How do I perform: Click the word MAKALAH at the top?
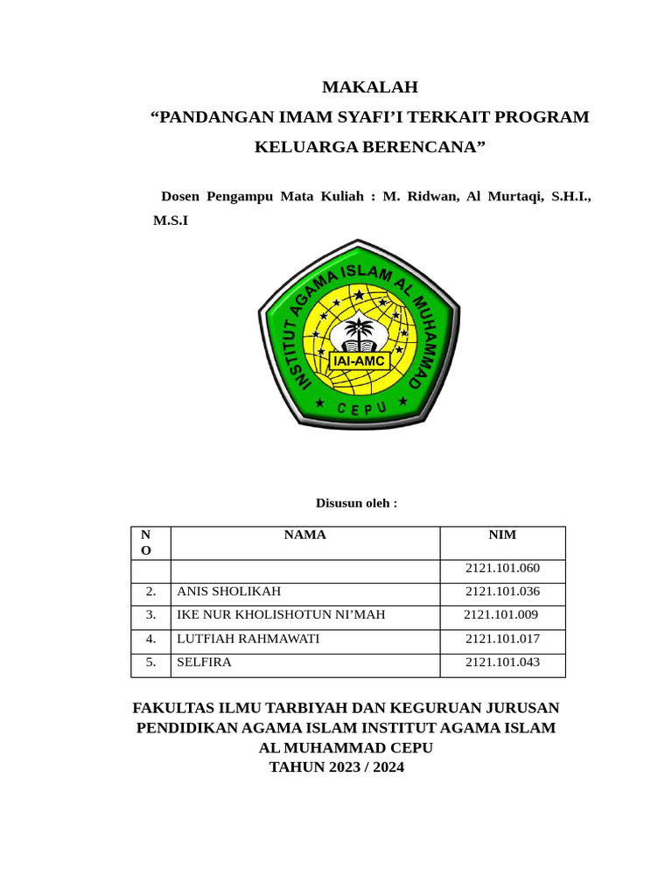coord(370,87)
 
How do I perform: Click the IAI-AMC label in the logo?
coord(359,360)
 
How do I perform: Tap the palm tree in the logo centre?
coord(359,332)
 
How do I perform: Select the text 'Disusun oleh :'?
coord(356,503)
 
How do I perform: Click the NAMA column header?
coord(304,535)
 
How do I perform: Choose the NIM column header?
coord(502,535)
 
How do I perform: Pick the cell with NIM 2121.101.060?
coord(502,568)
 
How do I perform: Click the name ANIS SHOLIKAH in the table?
coord(229,591)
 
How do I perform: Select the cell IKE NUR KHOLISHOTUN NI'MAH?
coord(281,615)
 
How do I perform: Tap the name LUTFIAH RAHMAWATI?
coord(248,639)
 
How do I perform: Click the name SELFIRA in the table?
coord(204,662)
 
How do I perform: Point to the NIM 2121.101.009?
coord(500,615)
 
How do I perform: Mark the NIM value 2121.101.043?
coord(502,662)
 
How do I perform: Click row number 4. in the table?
coord(150,639)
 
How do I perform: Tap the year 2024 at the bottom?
coord(387,767)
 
